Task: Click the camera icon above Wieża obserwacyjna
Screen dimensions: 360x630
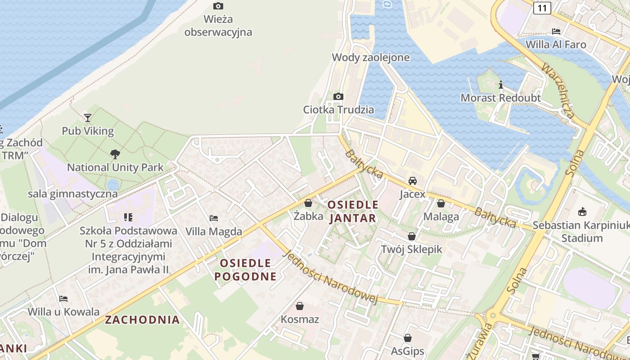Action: point(218,6)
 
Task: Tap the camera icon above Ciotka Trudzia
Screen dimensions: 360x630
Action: point(338,96)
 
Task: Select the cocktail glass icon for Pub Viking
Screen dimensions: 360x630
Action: point(88,118)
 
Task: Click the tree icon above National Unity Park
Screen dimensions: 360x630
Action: point(115,154)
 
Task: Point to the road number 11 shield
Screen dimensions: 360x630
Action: point(542,8)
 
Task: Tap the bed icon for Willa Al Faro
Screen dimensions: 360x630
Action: point(556,31)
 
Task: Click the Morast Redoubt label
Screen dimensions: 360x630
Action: point(500,98)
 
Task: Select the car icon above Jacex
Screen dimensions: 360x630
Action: point(412,181)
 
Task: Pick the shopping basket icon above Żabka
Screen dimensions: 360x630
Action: point(308,203)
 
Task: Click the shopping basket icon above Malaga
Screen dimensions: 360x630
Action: point(441,203)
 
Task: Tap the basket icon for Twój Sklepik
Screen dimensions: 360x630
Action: point(412,236)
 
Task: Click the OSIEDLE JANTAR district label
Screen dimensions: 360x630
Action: point(353,211)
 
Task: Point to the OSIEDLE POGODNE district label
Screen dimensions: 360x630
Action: point(245,270)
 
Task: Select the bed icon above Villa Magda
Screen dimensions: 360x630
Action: point(214,218)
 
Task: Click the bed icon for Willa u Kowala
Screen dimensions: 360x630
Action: point(63,299)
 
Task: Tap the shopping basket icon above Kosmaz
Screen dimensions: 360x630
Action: point(300,306)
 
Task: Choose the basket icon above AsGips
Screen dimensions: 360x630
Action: point(408,338)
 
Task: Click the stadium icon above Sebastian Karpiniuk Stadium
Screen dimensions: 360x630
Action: point(582,211)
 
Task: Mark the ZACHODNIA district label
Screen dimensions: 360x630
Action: point(142,320)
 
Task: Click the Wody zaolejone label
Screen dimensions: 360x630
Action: point(371,57)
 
